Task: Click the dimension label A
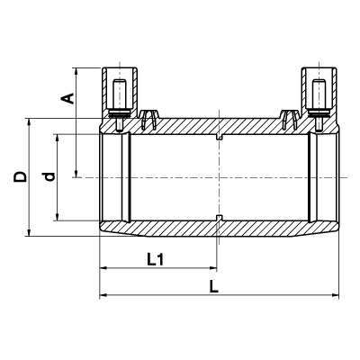(x=69, y=99)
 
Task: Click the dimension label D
(x=21, y=177)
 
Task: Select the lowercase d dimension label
(x=49, y=177)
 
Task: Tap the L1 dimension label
(x=156, y=260)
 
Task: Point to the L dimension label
(x=213, y=286)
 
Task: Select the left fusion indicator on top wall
(x=149, y=120)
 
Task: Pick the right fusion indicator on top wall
(x=290, y=120)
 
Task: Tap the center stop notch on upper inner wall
(x=220, y=137)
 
